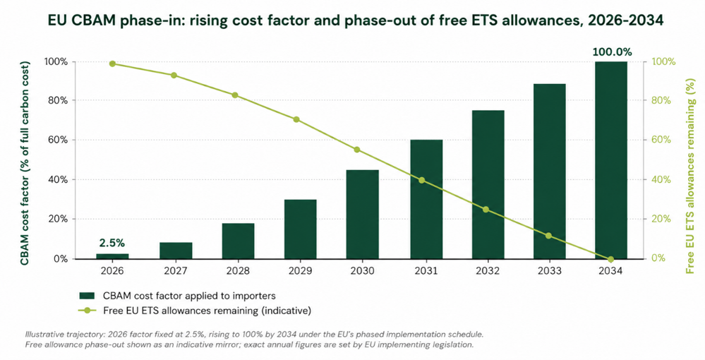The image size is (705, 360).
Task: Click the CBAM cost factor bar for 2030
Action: [x=363, y=214]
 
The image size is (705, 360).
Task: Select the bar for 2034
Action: [x=610, y=160]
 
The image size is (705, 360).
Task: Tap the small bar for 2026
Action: [x=112, y=256]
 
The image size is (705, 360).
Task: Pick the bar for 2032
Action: [x=488, y=184]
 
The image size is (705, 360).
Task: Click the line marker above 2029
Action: [x=296, y=120]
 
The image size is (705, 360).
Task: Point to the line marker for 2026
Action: [x=112, y=64]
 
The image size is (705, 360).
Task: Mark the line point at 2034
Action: [x=610, y=259]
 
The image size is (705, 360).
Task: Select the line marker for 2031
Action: [x=422, y=180]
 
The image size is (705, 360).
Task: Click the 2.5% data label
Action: [x=112, y=243]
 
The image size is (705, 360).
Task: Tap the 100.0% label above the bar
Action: [x=612, y=52]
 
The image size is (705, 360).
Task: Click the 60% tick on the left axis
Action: [x=58, y=140]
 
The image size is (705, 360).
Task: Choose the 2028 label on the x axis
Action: [x=239, y=271]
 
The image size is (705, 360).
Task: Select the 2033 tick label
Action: [x=549, y=271]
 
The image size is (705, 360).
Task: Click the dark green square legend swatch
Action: [x=88, y=296]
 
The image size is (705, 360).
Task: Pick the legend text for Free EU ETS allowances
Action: [x=207, y=311]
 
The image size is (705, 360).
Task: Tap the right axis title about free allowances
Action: [x=689, y=174]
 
